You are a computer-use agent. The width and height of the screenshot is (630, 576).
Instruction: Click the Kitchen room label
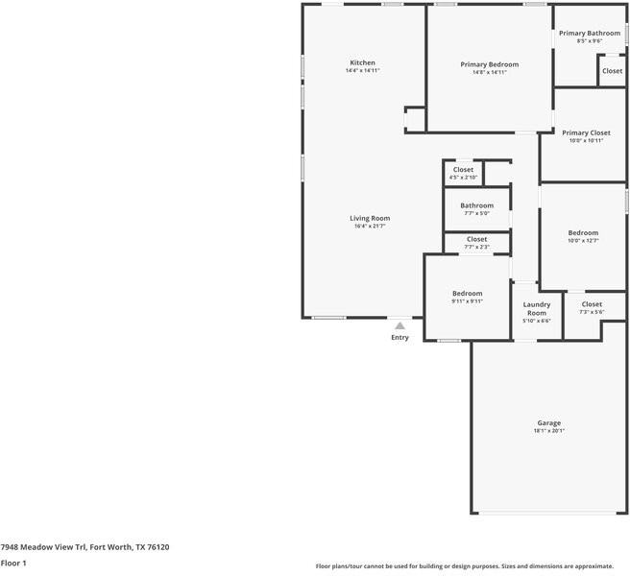click(362, 62)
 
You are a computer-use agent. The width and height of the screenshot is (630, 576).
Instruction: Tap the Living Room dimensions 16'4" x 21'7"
click(370, 228)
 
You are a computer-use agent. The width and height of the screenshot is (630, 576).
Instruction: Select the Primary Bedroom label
click(489, 64)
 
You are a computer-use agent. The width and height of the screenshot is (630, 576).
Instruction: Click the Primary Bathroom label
click(590, 33)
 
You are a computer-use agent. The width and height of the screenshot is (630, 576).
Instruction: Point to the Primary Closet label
click(586, 132)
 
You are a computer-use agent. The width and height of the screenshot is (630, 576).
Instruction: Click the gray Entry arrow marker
click(400, 326)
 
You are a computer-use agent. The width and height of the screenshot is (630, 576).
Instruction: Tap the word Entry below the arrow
click(400, 337)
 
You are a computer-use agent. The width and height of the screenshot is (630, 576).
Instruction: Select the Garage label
click(548, 422)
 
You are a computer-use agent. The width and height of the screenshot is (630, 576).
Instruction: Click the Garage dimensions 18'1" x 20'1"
click(548, 431)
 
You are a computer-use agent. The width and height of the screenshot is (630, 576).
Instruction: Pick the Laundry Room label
click(536, 308)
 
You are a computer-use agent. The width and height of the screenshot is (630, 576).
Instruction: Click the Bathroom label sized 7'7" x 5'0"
click(476, 205)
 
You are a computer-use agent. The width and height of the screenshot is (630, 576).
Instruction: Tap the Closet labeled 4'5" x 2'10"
click(463, 170)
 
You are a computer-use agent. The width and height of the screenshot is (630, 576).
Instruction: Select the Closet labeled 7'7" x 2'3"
click(476, 239)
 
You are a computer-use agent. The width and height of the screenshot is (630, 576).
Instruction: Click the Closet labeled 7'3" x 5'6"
click(592, 304)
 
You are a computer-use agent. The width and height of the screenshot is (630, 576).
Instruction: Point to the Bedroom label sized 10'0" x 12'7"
click(582, 232)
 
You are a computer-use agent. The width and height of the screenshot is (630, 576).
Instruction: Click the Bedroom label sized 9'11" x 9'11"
click(467, 293)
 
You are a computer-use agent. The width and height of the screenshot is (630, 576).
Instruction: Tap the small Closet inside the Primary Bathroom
click(612, 71)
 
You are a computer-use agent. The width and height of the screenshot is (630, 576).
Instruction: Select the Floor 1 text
click(13, 564)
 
